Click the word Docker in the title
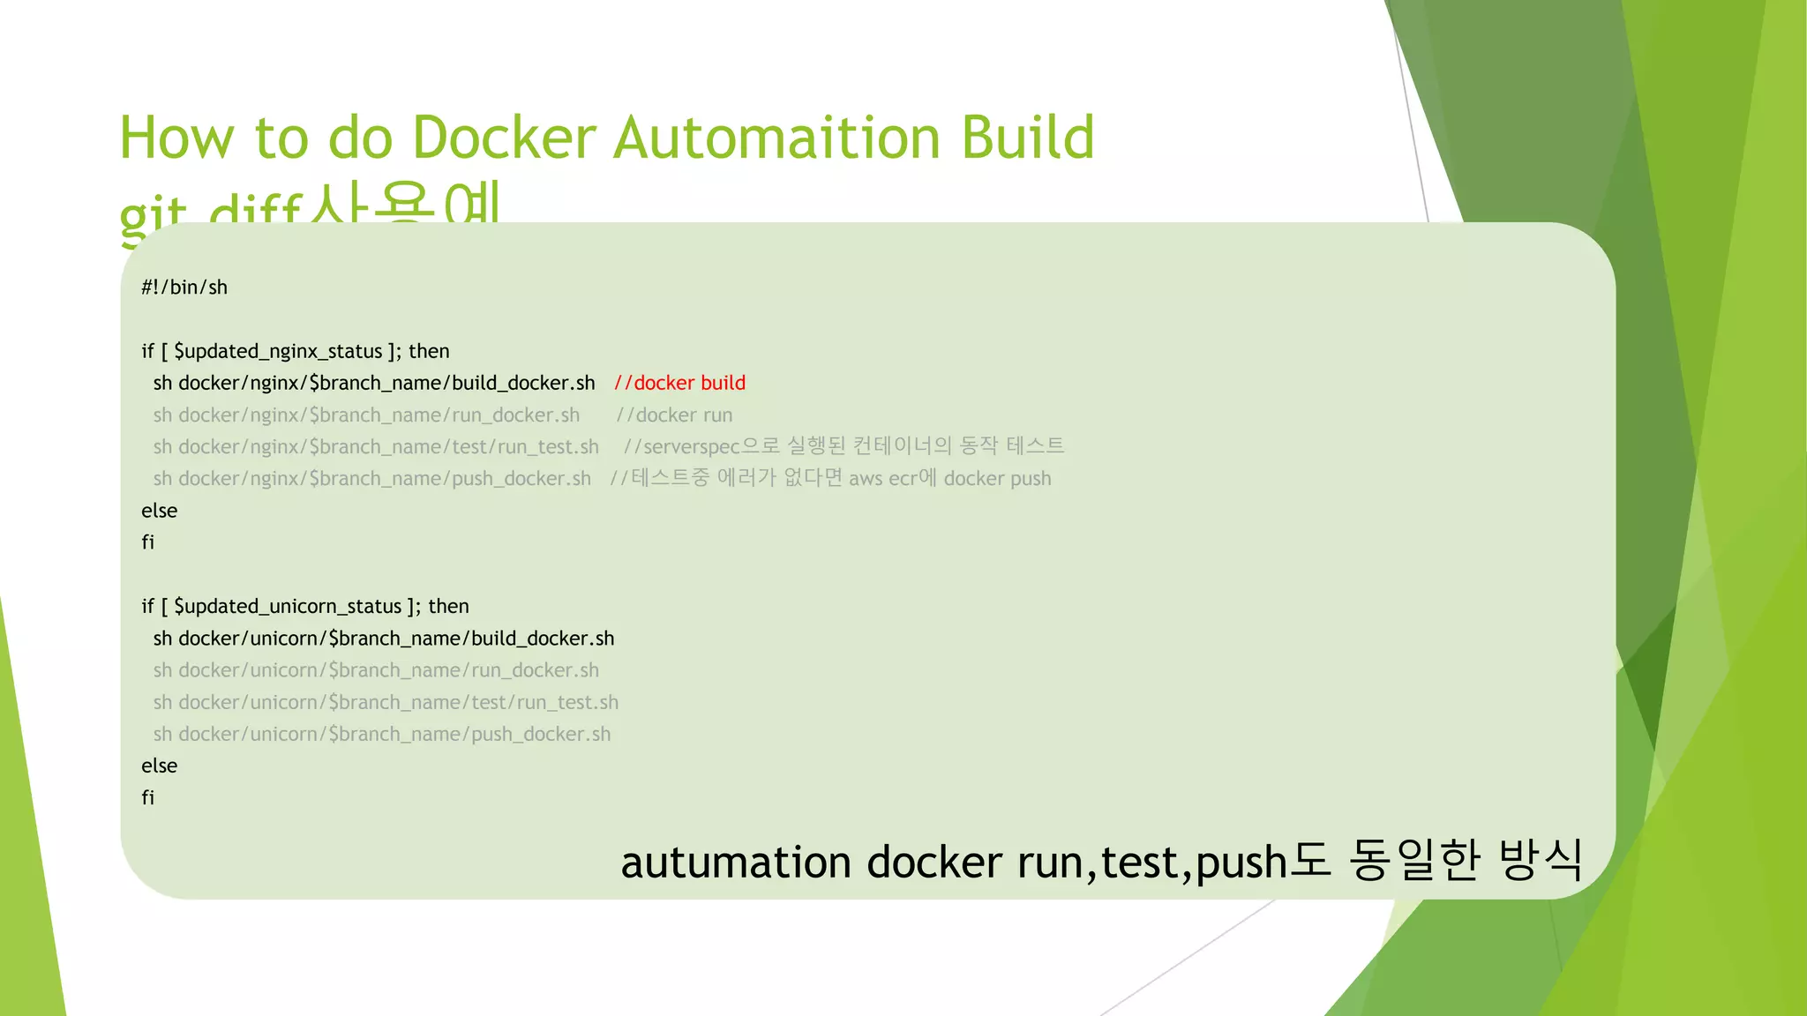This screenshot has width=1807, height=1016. (504, 138)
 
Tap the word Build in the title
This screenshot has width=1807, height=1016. (1027, 138)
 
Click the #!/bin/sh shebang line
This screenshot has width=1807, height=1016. (184, 288)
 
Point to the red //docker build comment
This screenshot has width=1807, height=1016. (680, 383)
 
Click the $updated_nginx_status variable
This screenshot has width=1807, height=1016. (278, 351)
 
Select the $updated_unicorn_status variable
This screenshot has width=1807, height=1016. (288, 607)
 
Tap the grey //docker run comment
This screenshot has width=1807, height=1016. (675, 415)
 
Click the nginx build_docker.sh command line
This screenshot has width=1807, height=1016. (374, 383)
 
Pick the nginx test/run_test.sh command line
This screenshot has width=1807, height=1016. (376, 447)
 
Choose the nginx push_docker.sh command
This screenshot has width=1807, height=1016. (371, 479)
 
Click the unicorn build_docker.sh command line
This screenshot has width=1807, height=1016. (384, 639)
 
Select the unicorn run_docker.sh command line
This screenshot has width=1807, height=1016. (376, 670)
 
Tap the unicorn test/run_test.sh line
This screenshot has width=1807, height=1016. (386, 702)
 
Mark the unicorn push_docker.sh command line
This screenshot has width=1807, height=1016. (381, 734)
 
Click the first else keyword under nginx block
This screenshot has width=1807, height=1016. (160, 511)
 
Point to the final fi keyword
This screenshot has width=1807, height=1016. (148, 797)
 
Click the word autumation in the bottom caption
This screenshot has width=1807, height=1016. (737, 862)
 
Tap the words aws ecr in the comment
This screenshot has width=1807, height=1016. (881, 479)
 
